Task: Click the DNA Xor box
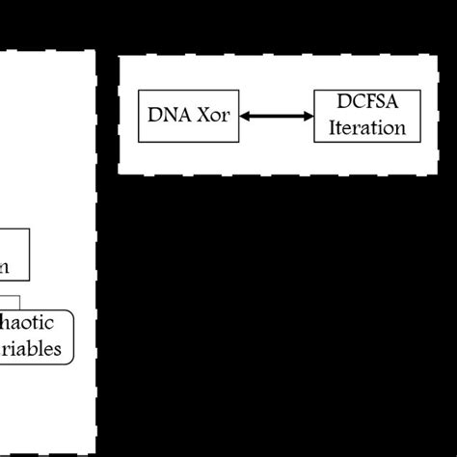[x=189, y=116]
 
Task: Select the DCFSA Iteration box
[x=361, y=116]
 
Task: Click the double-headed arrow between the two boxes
[x=277, y=116]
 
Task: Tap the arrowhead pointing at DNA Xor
[x=245, y=116]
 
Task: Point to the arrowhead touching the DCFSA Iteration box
[x=309, y=116]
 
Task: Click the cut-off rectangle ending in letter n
[x=14, y=255]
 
